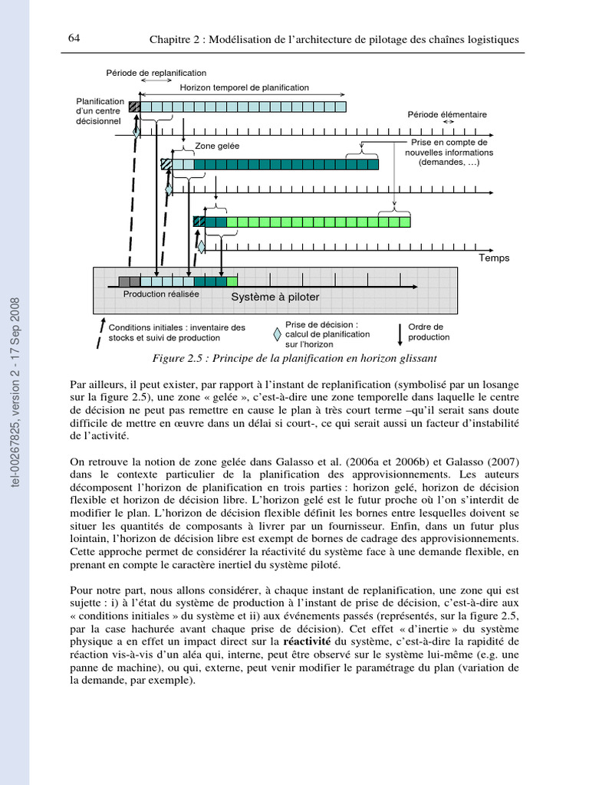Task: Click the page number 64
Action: click(74, 38)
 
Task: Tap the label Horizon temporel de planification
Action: click(245, 88)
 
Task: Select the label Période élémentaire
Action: click(447, 114)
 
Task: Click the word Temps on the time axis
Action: click(494, 258)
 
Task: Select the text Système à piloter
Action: click(275, 297)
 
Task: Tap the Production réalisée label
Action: click(161, 294)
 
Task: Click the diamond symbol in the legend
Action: click(277, 334)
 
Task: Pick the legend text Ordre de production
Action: click(429, 332)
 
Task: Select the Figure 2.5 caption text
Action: click(294, 358)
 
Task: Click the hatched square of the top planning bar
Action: click(135, 107)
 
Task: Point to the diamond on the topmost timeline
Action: click(137, 133)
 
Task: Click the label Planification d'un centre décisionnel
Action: click(100, 110)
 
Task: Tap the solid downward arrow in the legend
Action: click(400, 333)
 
